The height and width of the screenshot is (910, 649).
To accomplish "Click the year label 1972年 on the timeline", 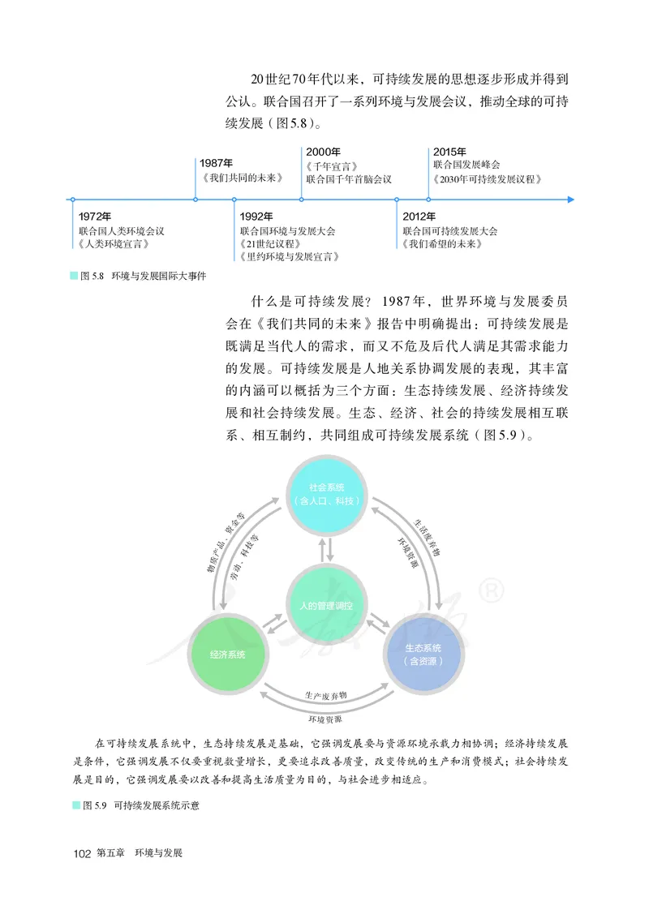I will pos(94,217).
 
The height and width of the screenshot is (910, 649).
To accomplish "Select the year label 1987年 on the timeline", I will pos(217,163).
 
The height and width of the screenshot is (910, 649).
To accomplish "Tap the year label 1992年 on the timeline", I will pos(256,217).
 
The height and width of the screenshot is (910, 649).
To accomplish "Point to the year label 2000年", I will pos(323,152).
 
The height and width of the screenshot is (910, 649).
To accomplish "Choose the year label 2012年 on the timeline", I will pos(419,217).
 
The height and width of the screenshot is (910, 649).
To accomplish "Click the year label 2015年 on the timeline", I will pos(449,152).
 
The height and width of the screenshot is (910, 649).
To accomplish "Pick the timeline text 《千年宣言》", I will pos(332,165).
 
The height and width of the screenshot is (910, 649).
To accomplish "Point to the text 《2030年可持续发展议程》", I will pos(488,178).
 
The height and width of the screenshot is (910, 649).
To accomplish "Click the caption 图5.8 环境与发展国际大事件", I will pos(138,277).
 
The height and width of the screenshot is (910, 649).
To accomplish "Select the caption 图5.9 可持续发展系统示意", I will pos(135,805).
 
